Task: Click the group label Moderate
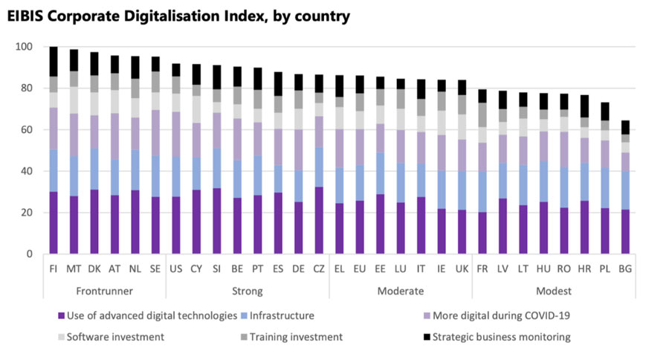[x=401, y=291]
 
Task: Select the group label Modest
[x=548, y=291]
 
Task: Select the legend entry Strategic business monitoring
[x=501, y=337]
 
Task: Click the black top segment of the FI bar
[x=54, y=61]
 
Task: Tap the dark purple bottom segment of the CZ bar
[x=319, y=220]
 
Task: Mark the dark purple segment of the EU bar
[x=360, y=227]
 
